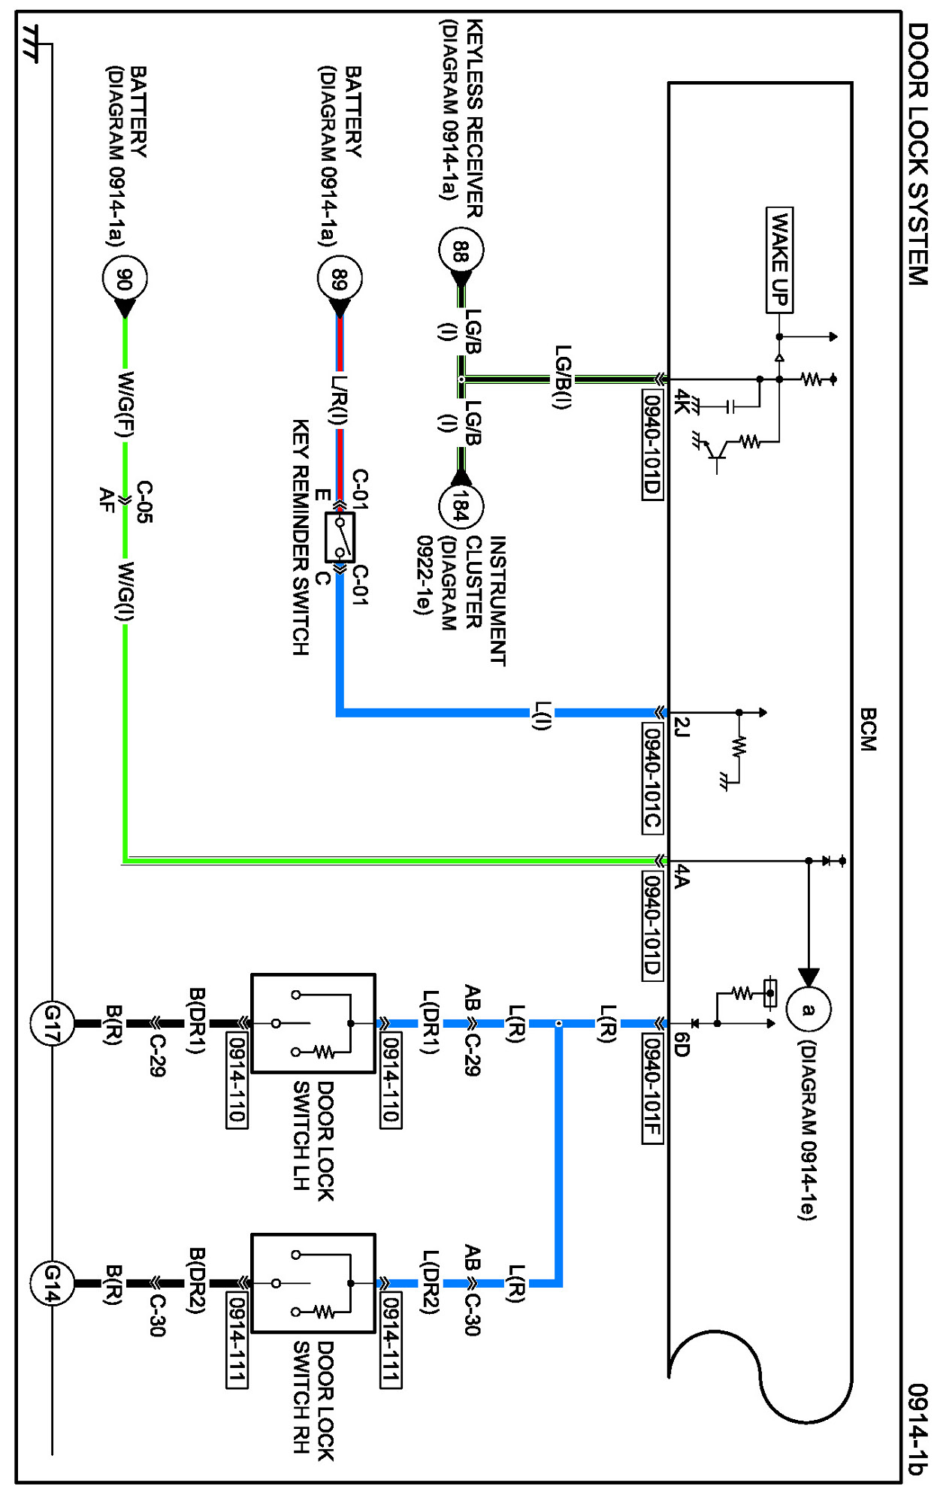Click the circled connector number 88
pyautogui.click(x=461, y=250)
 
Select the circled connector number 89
pyautogui.click(x=340, y=279)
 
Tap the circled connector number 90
pyautogui.click(x=125, y=279)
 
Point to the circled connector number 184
pyautogui.click(x=461, y=506)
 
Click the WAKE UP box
pyautogui.click(x=779, y=260)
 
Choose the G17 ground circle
pyautogui.click(x=52, y=1023)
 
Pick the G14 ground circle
pyautogui.click(x=52, y=1283)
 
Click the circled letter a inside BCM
pyautogui.click(x=808, y=1009)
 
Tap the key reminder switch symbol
pyautogui.click(x=340, y=537)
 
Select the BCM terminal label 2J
pyautogui.click(x=682, y=727)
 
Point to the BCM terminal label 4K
pyautogui.click(x=682, y=401)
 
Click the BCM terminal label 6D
pyautogui.click(x=682, y=1044)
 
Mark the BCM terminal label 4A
pyautogui.click(x=682, y=876)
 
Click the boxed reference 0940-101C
pyautogui.click(x=652, y=778)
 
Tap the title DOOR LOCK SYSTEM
pyautogui.click(x=917, y=154)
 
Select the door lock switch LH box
pyautogui.click(x=313, y=1023)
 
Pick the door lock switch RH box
pyautogui.click(x=313, y=1283)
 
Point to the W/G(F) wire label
pyautogui.click(x=125, y=405)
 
